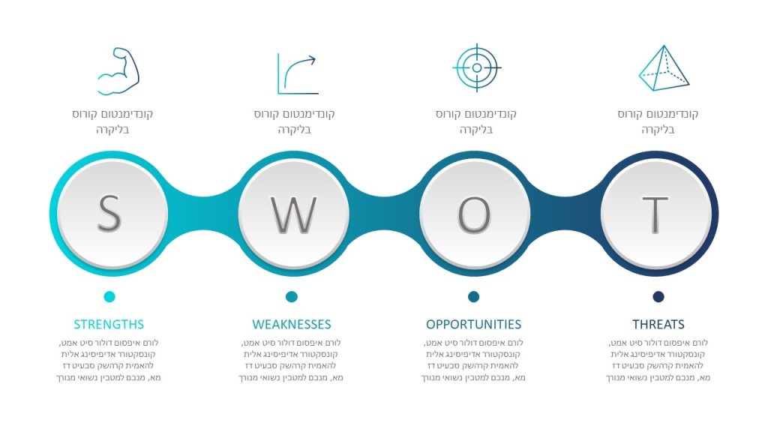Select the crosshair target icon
[476, 67]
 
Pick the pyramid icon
[664, 68]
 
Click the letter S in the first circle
[109, 214]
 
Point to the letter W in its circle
[294, 214]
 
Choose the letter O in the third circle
[474, 214]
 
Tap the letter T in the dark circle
[655, 214]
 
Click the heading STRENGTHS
[109, 324]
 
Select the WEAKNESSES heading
[292, 324]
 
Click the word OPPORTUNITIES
[474, 324]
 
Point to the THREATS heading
[658, 324]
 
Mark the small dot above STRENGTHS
[109, 297]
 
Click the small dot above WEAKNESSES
[292, 297]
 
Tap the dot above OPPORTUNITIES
[474, 297]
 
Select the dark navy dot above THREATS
[658, 297]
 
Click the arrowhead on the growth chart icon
[311, 60]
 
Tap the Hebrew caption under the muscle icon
[112, 121]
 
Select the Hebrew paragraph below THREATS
[658, 360]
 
